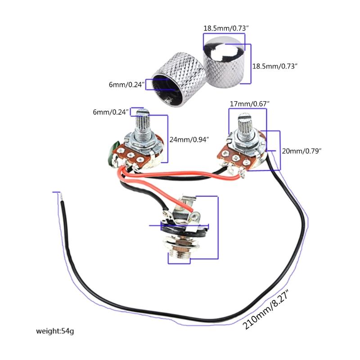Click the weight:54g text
point(55,332)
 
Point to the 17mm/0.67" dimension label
point(250,104)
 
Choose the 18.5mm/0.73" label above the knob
point(226,28)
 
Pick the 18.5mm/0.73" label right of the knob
point(275,66)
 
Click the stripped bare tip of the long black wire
point(58,197)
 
